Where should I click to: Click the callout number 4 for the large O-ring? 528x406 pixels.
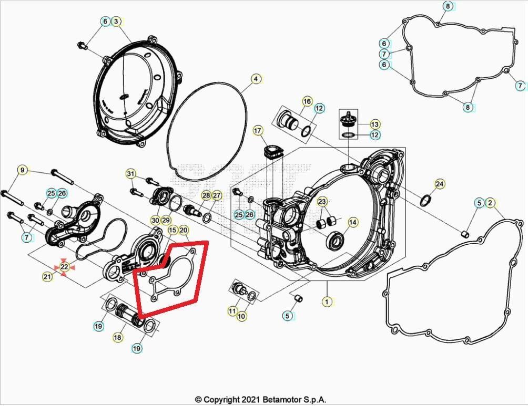[x=255, y=79]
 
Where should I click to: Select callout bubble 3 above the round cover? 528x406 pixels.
[x=117, y=22]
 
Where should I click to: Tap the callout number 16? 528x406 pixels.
[x=307, y=101]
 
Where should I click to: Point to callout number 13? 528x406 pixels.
[x=374, y=124]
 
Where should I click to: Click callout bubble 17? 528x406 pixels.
[x=258, y=130]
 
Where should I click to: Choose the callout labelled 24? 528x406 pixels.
[x=440, y=184]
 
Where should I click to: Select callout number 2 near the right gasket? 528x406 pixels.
[x=490, y=203]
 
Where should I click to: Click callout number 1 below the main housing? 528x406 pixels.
[x=327, y=301]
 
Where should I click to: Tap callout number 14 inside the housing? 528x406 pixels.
[x=352, y=223]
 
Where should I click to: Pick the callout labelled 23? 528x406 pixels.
[x=322, y=202]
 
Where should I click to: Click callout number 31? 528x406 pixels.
[x=131, y=174]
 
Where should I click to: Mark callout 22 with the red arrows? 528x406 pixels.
[x=64, y=267]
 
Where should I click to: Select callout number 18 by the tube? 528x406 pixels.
[x=117, y=337]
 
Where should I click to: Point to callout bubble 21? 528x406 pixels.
[x=48, y=276]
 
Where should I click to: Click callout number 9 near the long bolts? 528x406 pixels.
[x=22, y=170]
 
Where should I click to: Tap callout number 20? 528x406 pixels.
[x=184, y=230]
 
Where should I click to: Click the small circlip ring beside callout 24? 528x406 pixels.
[x=426, y=200]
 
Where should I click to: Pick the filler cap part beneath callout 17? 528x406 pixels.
[x=273, y=152]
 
